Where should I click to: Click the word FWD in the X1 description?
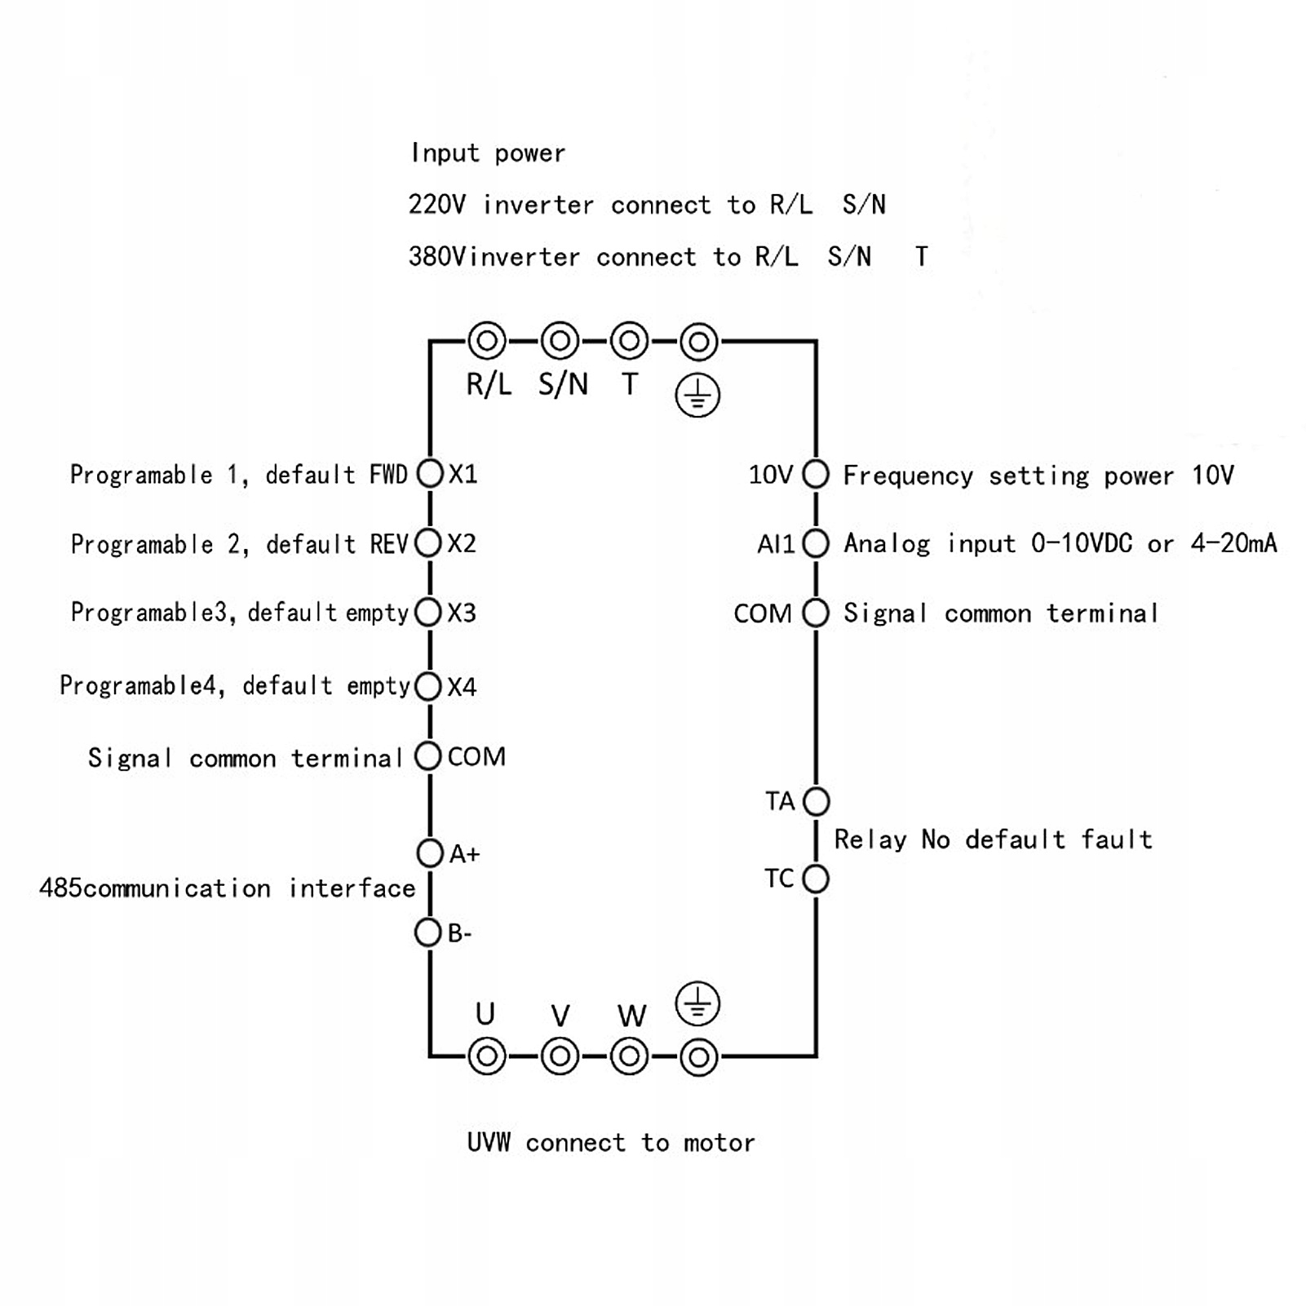click(388, 475)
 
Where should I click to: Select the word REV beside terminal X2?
click(389, 544)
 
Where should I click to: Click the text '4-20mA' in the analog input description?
click(1233, 543)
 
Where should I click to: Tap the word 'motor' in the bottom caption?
click(719, 1143)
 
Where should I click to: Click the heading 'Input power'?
click(488, 153)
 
